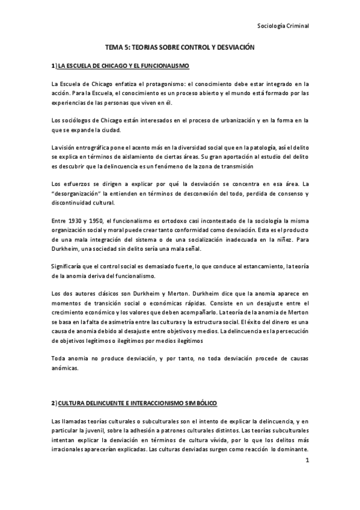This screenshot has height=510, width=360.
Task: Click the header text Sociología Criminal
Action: [282, 26]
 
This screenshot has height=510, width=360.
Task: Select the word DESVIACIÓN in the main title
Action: [233, 46]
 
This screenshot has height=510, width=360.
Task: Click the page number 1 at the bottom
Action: [307, 461]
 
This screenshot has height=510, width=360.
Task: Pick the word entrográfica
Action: [91, 148]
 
